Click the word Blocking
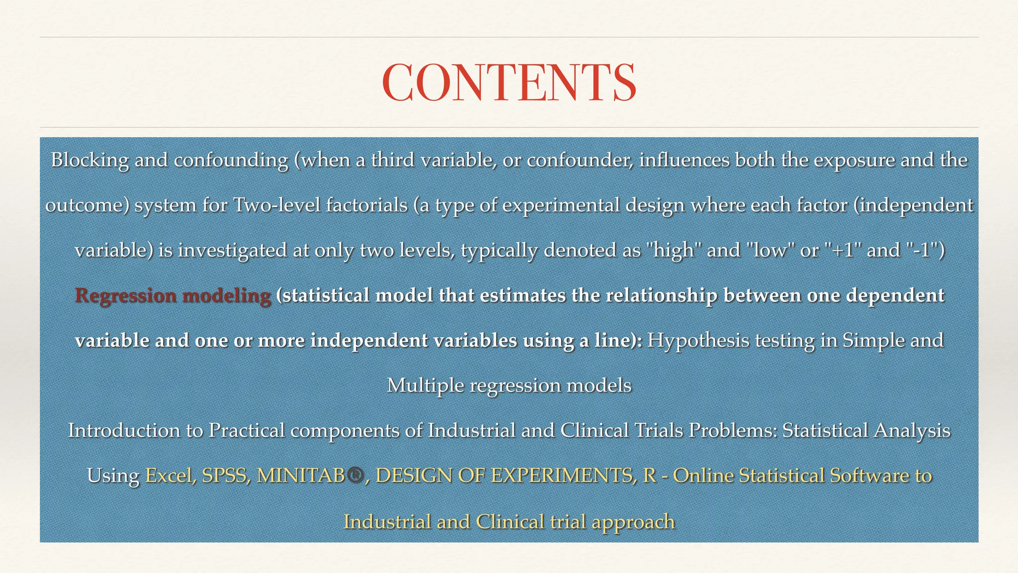tap(89, 160)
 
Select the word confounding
tap(231, 160)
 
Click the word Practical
tap(246, 431)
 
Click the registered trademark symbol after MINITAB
tap(355, 476)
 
